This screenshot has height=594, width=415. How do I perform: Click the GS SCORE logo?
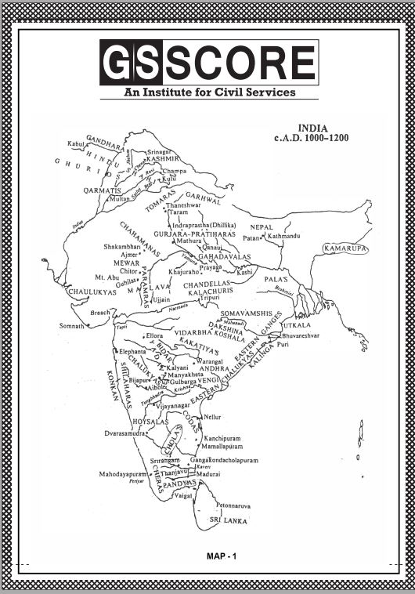pos(208,63)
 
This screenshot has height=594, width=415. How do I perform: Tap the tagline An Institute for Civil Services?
pos(208,92)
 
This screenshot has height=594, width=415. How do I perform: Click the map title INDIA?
pos(312,127)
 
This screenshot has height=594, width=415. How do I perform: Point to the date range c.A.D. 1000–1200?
pos(311,137)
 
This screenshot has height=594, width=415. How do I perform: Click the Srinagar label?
pos(158,150)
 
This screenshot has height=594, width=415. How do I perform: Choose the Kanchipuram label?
pos(226,439)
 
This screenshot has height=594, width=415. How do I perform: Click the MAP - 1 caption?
pos(221,556)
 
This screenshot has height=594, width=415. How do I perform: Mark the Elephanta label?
pos(132,353)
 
